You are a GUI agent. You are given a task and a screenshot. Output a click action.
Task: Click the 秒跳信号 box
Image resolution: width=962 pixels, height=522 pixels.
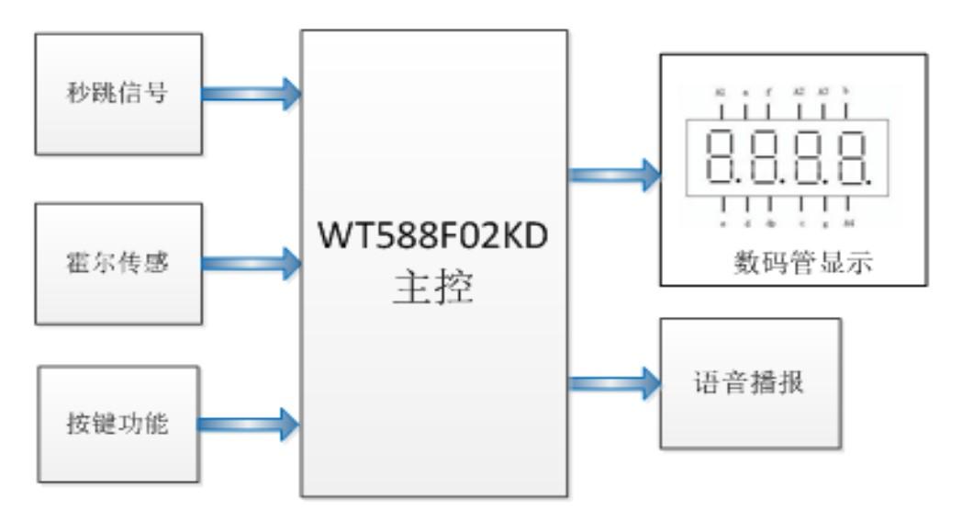click(118, 93)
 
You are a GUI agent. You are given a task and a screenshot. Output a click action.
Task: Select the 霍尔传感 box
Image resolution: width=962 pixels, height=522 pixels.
click(118, 263)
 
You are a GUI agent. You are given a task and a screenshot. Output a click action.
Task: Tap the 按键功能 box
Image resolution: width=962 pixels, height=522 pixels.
click(118, 424)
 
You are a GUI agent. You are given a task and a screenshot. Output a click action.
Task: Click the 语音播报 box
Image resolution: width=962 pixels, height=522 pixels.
click(749, 382)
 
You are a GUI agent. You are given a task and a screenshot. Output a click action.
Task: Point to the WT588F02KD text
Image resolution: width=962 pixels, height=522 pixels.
click(432, 235)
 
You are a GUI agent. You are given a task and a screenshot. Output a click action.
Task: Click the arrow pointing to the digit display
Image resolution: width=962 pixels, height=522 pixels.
click(613, 172)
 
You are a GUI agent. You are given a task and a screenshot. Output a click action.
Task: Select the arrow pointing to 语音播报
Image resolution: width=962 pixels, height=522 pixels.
click(613, 380)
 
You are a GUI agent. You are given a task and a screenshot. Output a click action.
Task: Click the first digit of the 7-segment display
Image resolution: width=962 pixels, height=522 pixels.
click(724, 156)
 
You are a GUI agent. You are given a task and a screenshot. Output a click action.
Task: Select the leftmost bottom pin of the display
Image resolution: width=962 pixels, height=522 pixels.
click(721, 205)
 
